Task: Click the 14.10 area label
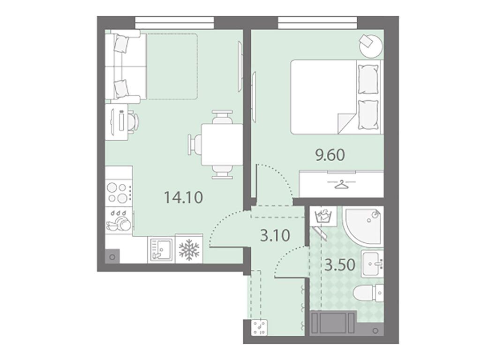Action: click(183, 197)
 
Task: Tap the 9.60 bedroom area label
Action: click(330, 155)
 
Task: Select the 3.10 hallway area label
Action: click(275, 235)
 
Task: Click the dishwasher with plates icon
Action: click(119, 221)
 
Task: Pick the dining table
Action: click(222, 144)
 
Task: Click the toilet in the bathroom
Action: click(368, 293)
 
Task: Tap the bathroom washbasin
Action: click(372, 263)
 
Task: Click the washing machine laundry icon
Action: click(323, 215)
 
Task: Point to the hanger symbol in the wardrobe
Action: click(341, 185)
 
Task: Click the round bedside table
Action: click(371, 45)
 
